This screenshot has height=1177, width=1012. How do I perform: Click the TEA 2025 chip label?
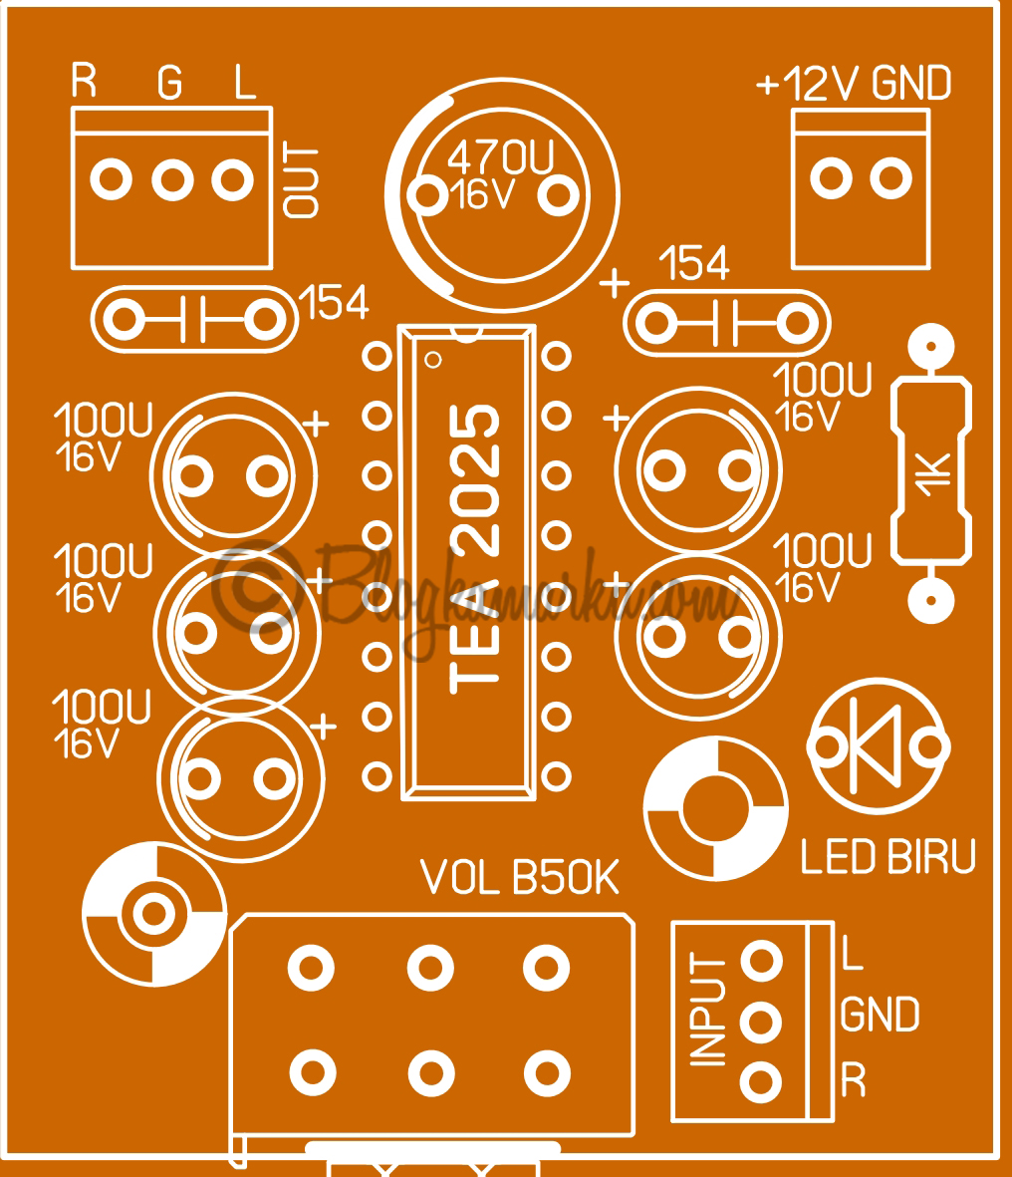(x=475, y=549)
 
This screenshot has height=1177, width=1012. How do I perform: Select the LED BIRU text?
(x=888, y=857)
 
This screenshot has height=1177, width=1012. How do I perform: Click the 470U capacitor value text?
(x=499, y=156)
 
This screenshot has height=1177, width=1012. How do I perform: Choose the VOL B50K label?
(x=520, y=879)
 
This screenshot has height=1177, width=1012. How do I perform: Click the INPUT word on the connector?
(x=708, y=1012)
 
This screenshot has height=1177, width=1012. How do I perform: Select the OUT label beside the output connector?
(x=302, y=181)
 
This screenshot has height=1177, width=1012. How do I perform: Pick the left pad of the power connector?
(x=830, y=179)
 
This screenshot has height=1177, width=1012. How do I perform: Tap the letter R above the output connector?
(x=85, y=83)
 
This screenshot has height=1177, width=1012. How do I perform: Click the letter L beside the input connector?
(x=852, y=953)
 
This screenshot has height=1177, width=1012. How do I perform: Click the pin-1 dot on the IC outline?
(x=432, y=357)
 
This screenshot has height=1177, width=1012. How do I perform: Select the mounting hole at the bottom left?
(x=152, y=911)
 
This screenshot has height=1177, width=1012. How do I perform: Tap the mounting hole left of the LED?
(x=715, y=809)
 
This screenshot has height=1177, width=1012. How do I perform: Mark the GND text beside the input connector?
(x=880, y=1016)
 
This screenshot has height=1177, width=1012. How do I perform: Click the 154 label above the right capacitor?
(x=696, y=264)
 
